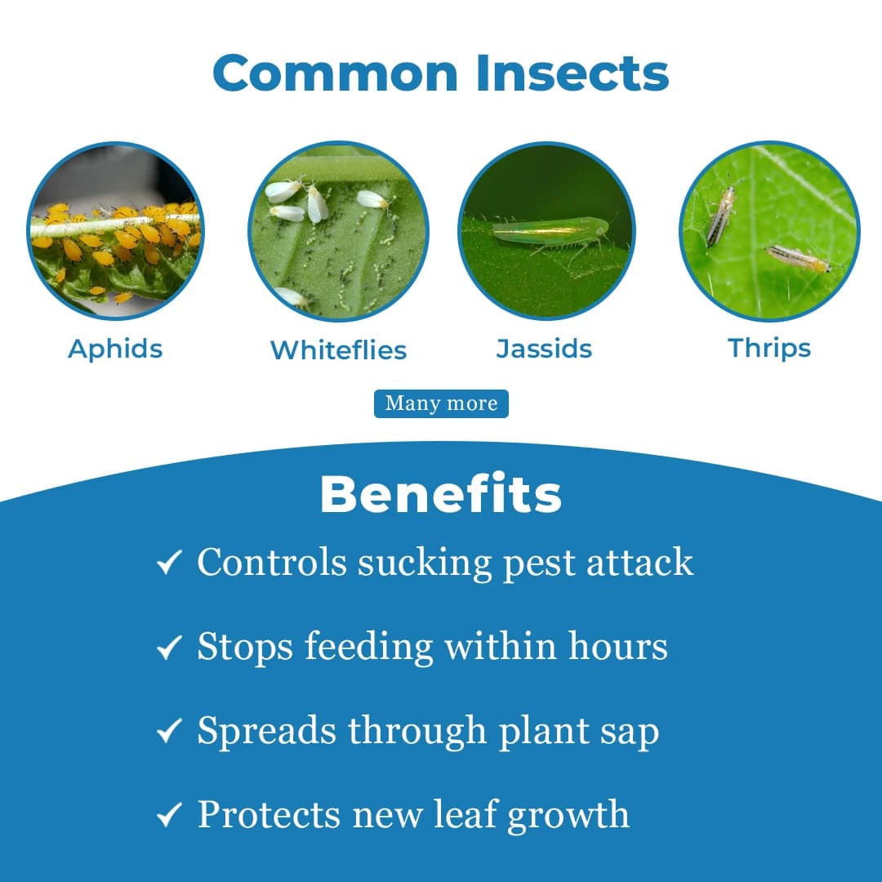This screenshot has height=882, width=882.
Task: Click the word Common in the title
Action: (x=336, y=73)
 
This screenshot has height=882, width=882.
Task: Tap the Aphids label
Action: (x=115, y=349)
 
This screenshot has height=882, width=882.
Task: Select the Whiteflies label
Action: (x=338, y=350)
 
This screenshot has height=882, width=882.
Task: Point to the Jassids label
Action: (x=544, y=349)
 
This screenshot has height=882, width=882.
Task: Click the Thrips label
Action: (x=769, y=349)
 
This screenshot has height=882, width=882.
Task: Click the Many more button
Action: (x=441, y=403)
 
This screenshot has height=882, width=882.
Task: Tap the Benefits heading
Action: (x=441, y=494)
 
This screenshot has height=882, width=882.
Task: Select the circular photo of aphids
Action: (x=115, y=231)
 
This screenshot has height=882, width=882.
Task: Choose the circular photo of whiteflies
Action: (x=338, y=231)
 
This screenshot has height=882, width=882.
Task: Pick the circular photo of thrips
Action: (x=769, y=231)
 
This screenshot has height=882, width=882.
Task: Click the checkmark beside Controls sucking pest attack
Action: (x=168, y=563)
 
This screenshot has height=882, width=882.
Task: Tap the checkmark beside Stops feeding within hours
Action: (x=168, y=648)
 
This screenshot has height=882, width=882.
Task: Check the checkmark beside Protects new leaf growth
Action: (x=168, y=816)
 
